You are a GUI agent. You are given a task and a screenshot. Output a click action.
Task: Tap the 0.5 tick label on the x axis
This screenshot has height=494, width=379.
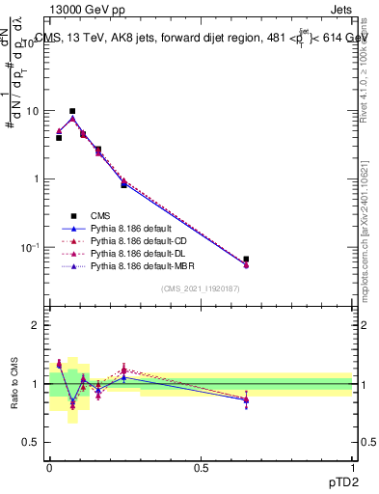pos(201,467)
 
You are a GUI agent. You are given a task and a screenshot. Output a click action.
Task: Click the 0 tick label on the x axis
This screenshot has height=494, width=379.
pos(49,467)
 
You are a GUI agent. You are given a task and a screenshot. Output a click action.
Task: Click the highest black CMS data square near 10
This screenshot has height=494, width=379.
pos(72,111)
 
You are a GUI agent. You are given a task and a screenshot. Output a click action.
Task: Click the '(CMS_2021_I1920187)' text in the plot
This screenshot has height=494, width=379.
pos(201,288)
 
